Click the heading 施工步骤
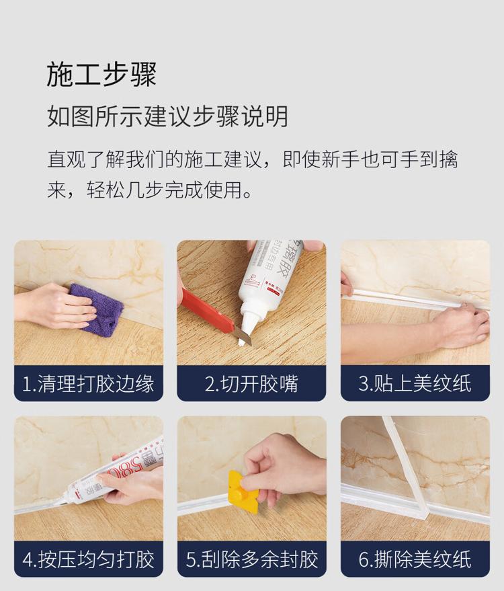tap(101, 75)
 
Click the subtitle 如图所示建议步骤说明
tap(167, 116)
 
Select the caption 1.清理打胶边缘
tap(89, 384)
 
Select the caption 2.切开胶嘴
tap(251, 384)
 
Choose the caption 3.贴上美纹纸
tap(415, 384)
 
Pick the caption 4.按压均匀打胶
tap(89, 559)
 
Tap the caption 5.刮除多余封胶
tap(252, 559)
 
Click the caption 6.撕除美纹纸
tap(415, 559)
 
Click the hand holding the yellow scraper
tap(279, 467)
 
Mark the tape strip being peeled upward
tap(407, 467)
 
